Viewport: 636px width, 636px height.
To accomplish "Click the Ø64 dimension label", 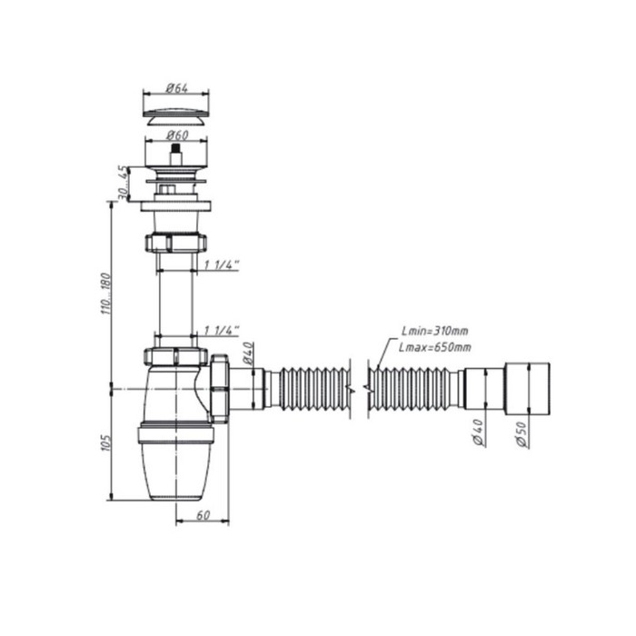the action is [177, 87].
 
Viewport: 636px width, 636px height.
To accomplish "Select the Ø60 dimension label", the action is [177, 134].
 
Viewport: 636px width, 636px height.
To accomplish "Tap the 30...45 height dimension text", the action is [123, 183].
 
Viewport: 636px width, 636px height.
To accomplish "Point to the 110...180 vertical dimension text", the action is [105, 294].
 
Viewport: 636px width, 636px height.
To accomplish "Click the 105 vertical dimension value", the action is [105, 443].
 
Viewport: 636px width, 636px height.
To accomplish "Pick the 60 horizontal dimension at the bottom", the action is [203, 515].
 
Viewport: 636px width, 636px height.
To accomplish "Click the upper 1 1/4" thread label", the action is [222, 265].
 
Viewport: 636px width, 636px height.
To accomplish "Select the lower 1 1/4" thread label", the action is [222, 331].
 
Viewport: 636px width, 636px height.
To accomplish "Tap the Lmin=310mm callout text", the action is [435, 331].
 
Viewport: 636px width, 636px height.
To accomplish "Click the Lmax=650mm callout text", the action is [435, 347].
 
